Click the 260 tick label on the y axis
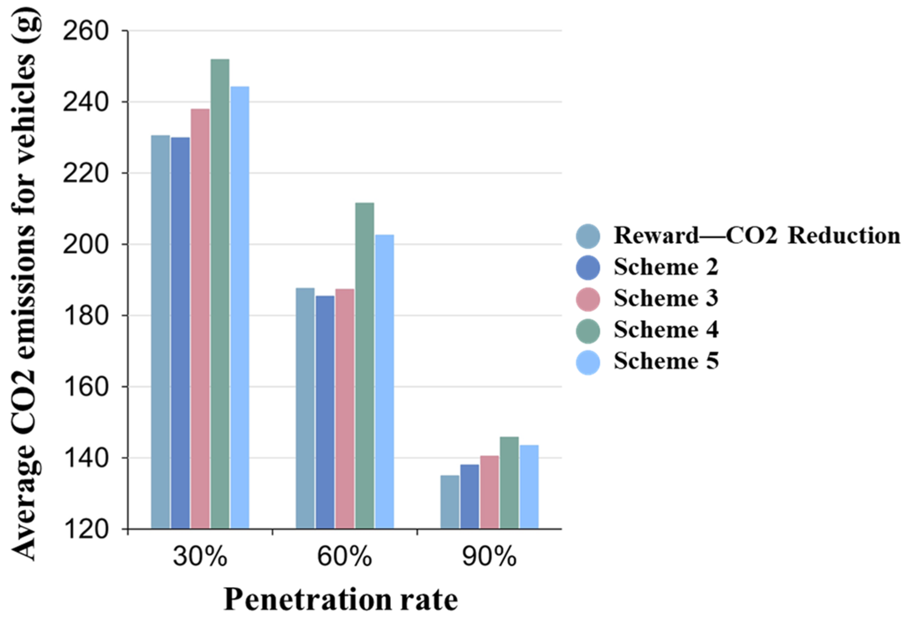pyautogui.click(x=85, y=31)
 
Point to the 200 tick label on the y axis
pyautogui.click(x=85, y=245)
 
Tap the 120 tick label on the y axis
pyautogui.click(x=85, y=530)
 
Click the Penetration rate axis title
pyautogui.click(x=340, y=600)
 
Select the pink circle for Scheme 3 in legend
pyautogui.click(x=588, y=299)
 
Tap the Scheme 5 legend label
pyautogui.click(x=665, y=361)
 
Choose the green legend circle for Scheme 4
pyautogui.click(x=588, y=330)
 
